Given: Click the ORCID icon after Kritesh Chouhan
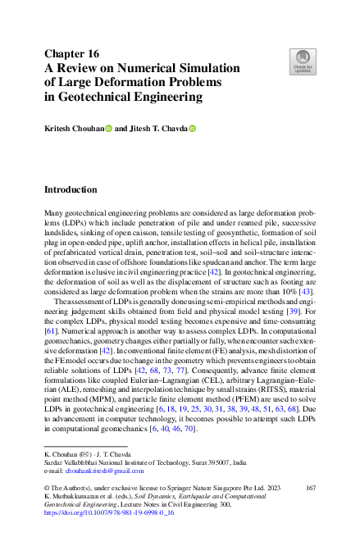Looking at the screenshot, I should (108, 129).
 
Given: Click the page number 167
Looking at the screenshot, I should (310, 488).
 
